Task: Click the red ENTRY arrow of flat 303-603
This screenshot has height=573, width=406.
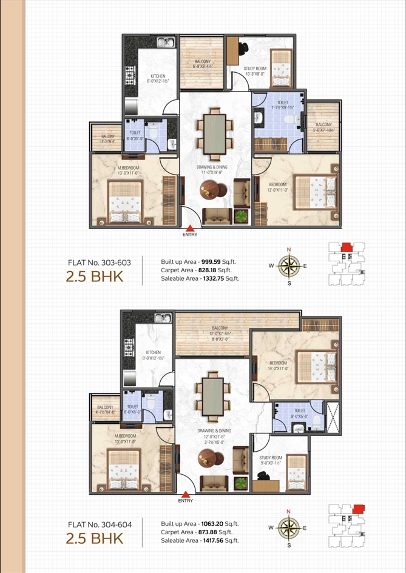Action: pos(186,227)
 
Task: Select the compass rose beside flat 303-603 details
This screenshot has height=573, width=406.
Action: pos(289,266)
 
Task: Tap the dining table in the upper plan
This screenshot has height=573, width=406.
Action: pos(215,132)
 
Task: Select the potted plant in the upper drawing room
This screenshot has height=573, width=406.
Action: pos(242,215)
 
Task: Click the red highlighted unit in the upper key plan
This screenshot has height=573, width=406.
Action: pos(346,247)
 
